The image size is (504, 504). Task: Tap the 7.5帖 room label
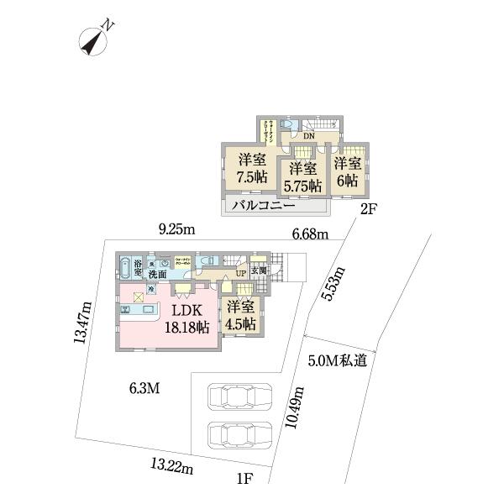pyautogui.click(x=250, y=168)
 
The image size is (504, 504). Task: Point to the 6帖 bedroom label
pyautogui.click(x=347, y=171)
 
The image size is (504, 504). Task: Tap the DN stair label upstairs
pyautogui.click(x=308, y=136)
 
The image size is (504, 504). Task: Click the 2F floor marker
pyautogui.click(x=367, y=211)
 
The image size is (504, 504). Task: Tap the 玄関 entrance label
pyautogui.click(x=257, y=270)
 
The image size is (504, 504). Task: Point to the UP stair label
pyautogui.click(x=240, y=273)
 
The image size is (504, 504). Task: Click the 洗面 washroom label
pyautogui.click(x=158, y=275)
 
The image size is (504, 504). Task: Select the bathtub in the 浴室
pyautogui.click(x=126, y=263)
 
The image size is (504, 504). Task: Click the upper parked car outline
pyautogui.click(x=240, y=396)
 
